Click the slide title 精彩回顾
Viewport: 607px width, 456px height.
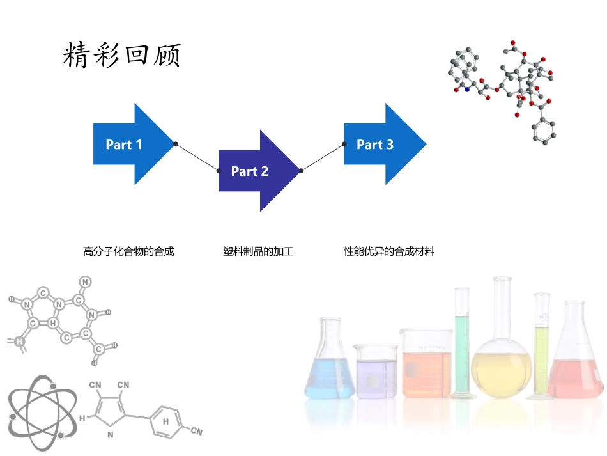click(x=121, y=56)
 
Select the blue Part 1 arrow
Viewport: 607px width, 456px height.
click(x=128, y=145)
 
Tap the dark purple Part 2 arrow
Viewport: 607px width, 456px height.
click(x=253, y=171)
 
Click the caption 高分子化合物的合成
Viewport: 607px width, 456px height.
click(x=128, y=251)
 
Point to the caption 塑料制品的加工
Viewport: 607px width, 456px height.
click(x=258, y=251)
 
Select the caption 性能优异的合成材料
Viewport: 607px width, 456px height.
click(x=389, y=251)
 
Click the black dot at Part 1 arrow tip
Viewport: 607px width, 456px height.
click(x=176, y=144)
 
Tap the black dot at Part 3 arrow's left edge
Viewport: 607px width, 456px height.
click(x=344, y=144)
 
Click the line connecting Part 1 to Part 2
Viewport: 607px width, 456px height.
click(x=197, y=157)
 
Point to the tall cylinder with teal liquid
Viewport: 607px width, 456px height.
click(x=462, y=345)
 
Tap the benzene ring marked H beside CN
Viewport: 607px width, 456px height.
click(x=166, y=421)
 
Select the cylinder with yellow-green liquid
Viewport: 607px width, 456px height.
click(x=542, y=349)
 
